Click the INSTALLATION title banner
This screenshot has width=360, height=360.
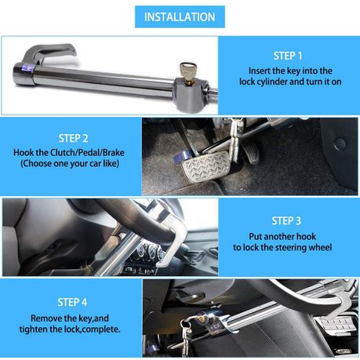(x=180, y=16)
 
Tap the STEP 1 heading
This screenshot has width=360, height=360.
(x=288, y=56)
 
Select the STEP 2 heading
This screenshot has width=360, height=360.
(x=73, y=138)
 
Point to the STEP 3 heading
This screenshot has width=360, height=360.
(x=286, y=221)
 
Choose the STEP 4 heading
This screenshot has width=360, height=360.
(x=72, y=302)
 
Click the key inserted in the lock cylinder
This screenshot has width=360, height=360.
(x=187, y=72)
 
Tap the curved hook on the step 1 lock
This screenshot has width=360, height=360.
(x=49, y=53)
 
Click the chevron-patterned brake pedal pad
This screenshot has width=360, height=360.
(x=206, y=166)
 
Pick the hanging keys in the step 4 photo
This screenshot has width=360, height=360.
(x=187, y=336)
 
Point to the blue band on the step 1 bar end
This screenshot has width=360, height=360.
(x=27, y=68)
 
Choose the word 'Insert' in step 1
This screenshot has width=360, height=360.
(x=259, y=71)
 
